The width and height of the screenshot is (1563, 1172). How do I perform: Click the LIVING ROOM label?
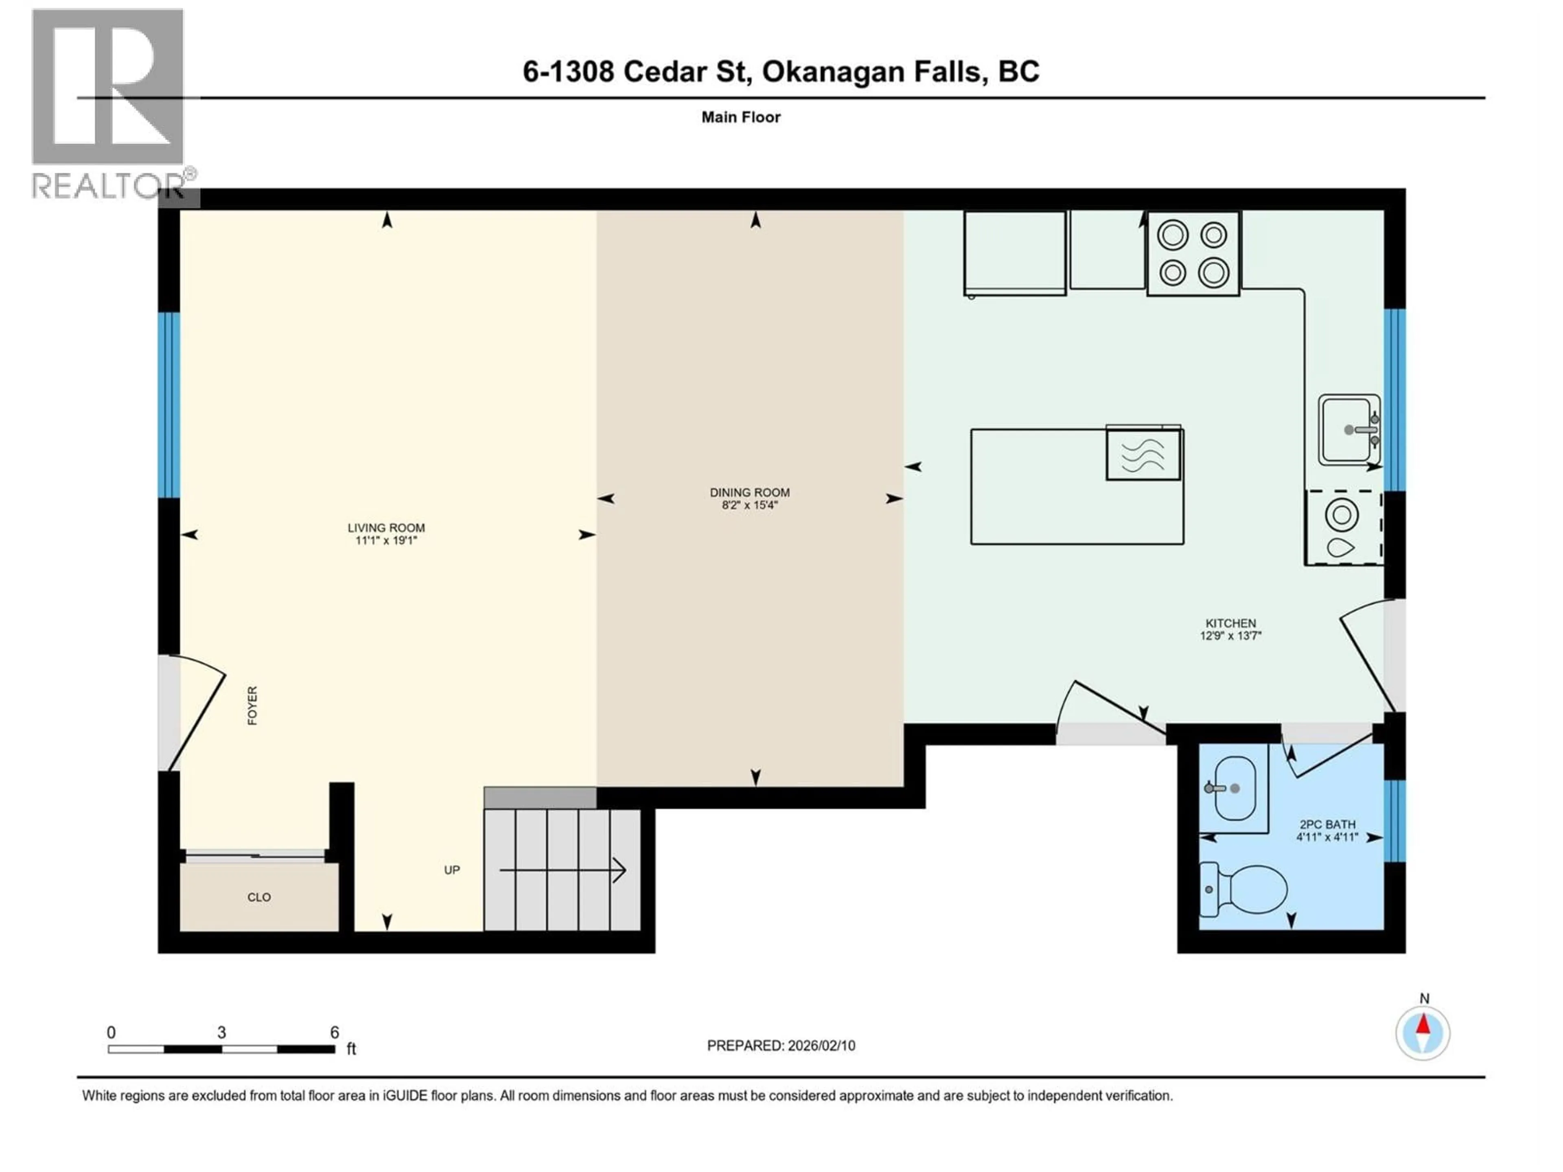point(386,528)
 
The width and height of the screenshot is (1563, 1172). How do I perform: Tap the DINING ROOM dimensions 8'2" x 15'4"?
point(750,505)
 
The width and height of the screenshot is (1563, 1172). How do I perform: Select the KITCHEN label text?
point(1230,623)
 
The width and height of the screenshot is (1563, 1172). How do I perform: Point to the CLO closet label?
point(258,897)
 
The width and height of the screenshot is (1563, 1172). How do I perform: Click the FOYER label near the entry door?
point(252,705)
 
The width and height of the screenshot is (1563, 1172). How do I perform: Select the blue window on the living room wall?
point(169,405)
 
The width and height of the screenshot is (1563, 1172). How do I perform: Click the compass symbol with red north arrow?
point(1423,1033)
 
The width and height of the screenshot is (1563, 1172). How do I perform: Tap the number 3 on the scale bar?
point(221,1032)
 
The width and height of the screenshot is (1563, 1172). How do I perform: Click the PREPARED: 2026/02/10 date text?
point(781,1045)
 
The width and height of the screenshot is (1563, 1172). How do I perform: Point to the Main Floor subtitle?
point(740,117)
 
